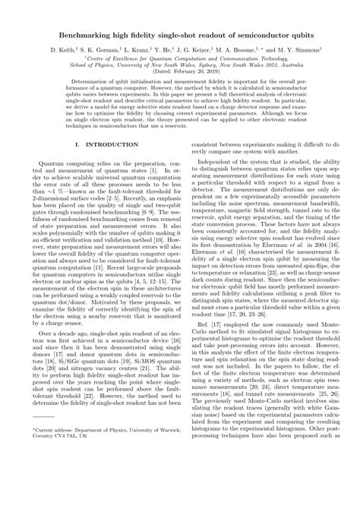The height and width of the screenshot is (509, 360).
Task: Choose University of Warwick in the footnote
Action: [x=151, y=472]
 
